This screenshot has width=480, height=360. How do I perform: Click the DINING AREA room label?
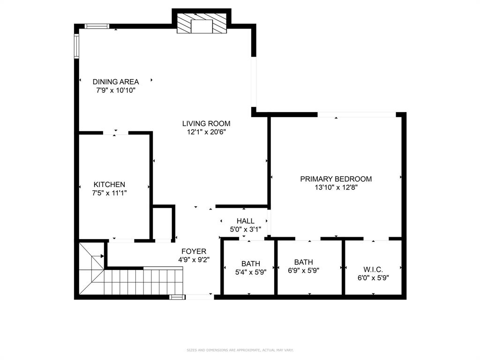coord(115,82)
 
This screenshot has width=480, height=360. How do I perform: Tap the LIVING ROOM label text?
coord(206,124)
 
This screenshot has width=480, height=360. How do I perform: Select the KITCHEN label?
coord(109,185)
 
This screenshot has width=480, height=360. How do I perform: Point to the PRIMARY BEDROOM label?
coord(336,179)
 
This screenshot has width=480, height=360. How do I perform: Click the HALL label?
coord(245,221)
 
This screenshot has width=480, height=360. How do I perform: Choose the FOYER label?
coord(194,252)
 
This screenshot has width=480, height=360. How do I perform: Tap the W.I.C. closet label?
coord(373,270)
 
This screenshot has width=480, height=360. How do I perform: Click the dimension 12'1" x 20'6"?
coord(206,132)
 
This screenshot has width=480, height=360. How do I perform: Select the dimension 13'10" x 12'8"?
coord(336,187)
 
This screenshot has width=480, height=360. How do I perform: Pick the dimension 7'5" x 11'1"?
coord(109,193)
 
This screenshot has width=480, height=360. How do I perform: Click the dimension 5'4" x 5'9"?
coord(251,272)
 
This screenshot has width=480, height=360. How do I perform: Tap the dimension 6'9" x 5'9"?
coord(309,270)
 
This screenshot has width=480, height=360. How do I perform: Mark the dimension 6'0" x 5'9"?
coord(373,277)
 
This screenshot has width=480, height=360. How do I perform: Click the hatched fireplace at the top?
coord(202,23)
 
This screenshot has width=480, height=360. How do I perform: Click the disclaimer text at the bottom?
coord(240,350)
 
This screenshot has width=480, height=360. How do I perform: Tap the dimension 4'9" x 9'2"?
coord(194,260)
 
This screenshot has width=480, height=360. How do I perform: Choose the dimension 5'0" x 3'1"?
coord(245,230)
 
